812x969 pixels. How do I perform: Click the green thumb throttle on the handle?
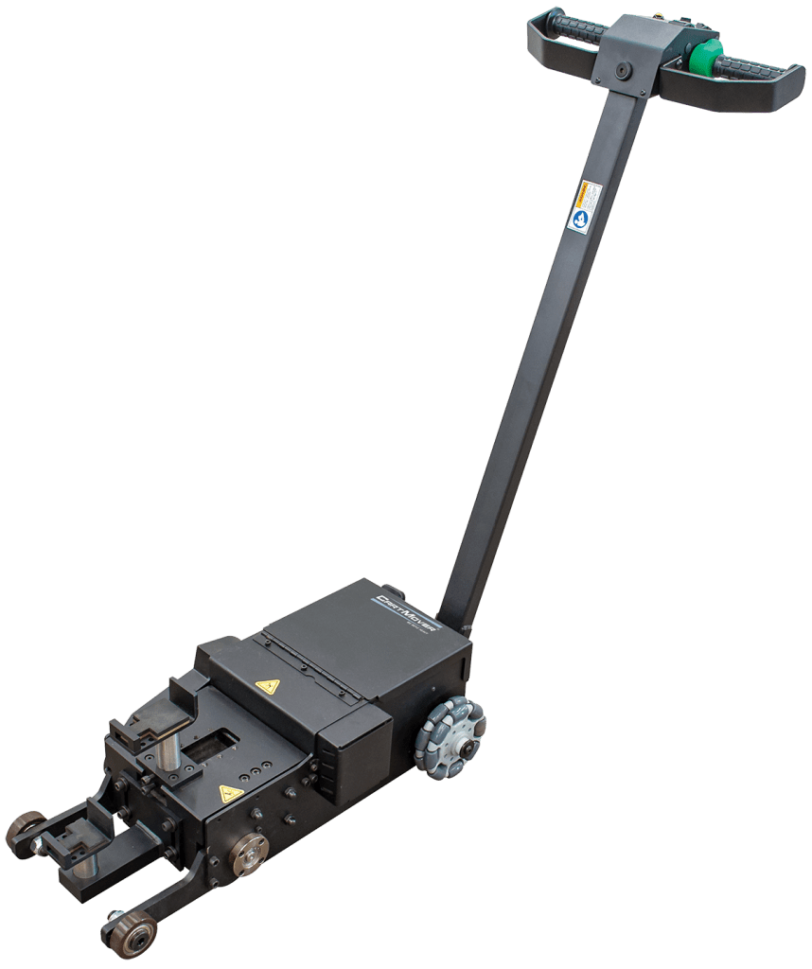point(705,58)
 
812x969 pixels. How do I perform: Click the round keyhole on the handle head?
point(623,70)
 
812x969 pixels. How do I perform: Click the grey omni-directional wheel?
point(450,737)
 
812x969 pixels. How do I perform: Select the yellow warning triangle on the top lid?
point(268,685)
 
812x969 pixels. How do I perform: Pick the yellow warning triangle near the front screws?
point(231,793)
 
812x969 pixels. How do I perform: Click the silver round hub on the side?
point(249,854)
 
